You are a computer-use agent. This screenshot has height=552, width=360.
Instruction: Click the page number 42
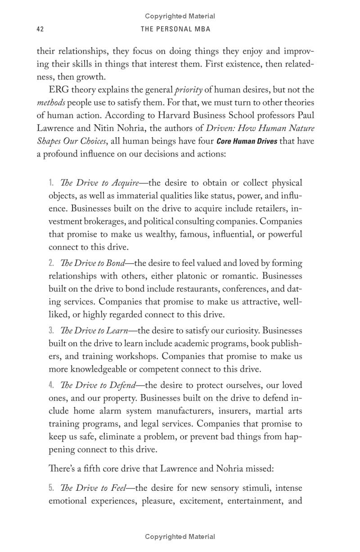40,29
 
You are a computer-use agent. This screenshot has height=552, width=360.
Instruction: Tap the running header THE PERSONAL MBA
175,29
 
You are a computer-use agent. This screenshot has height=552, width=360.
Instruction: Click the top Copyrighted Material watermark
180,16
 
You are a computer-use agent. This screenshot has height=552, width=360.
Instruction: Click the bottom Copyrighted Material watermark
180,537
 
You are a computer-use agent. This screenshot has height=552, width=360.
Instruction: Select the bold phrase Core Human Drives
247,141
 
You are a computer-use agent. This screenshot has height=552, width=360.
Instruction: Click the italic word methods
51,103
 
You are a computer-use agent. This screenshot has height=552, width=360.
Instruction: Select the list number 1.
51,183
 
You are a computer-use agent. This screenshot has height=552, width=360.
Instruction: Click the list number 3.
51,331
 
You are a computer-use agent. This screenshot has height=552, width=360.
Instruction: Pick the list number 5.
51,488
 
